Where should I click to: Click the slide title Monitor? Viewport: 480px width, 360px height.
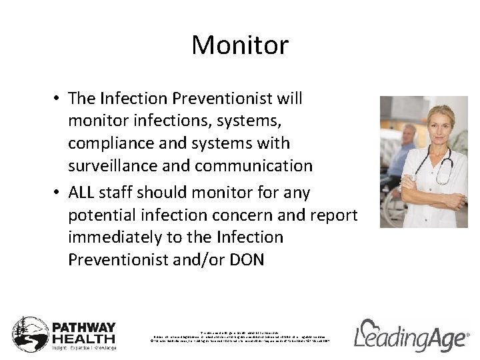[x=240, y=45]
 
